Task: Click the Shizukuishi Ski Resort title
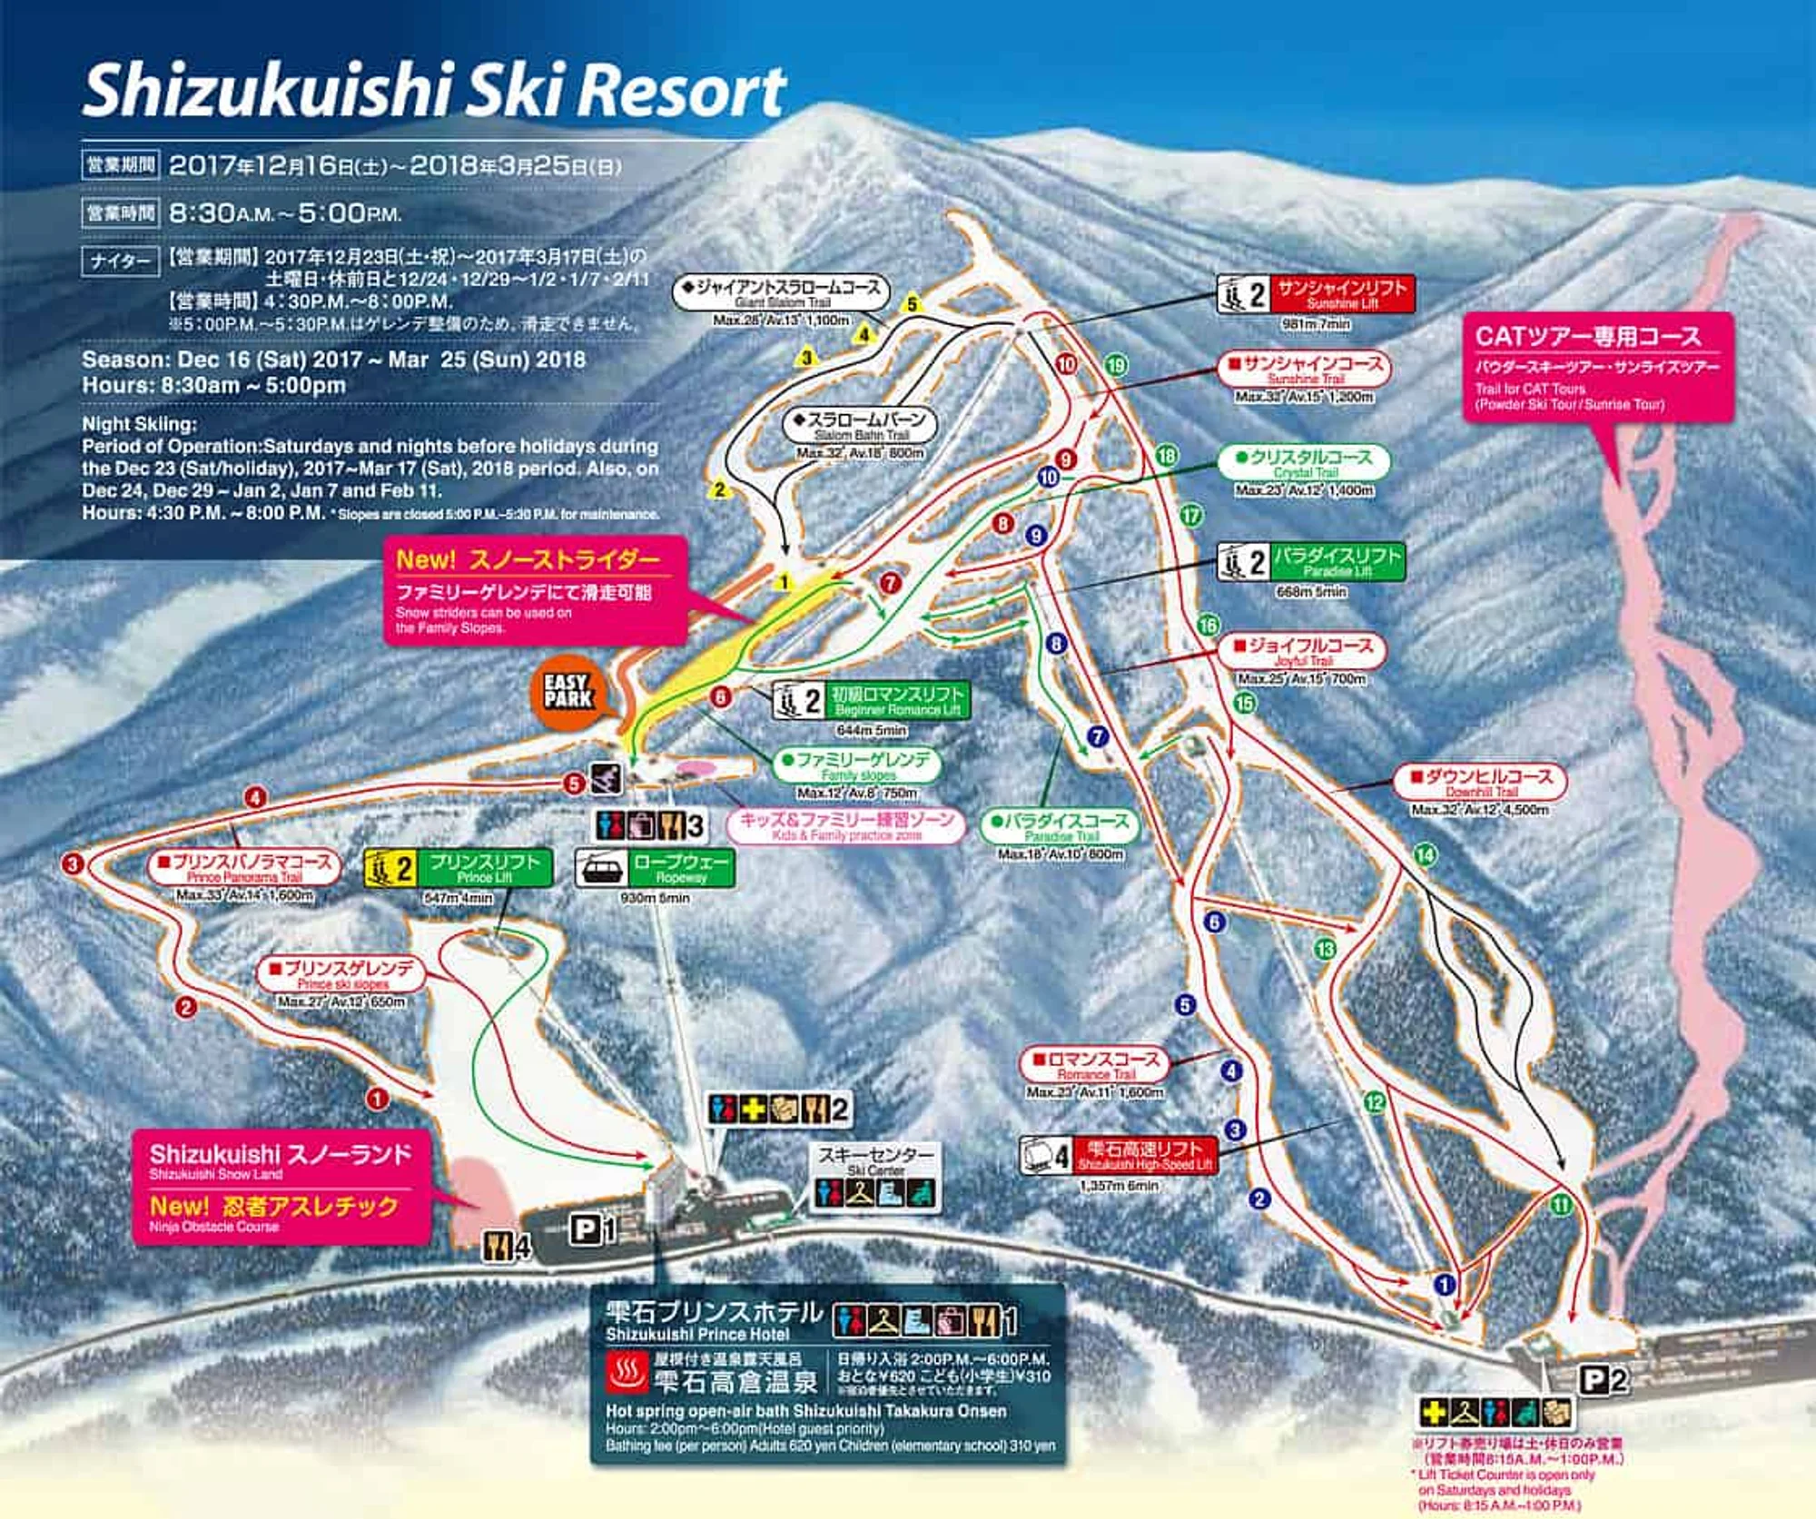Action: pyautogui.click(x=434, y=91)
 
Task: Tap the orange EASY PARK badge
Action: pyautogui.click(x=568, y=692)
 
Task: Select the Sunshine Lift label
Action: pyautogui.click(x=1316, y=294)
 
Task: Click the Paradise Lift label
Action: pyautogui.click(x=1311, y=563)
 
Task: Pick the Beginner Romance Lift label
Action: pyautogui.click(x=872, y=701)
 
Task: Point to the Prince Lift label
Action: pyautogui.click(x=458, y=869)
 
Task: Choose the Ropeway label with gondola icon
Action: pyautogui.click(x=655, y=869)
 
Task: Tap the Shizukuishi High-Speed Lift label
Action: pyautogui.click(x=1119, y=1156)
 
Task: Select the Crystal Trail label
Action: pyautogui.click(x=1305, y=463)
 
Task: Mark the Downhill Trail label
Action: pyautogui.click(x=1481, y=783)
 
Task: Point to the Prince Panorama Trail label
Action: pyautogui.click(x=244, y=868)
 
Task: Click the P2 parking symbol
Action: pyautogui.click(x=1603, y=1380)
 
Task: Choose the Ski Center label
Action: pyautogui.click(x=875, y=1159)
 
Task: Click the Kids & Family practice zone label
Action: pyautogui.click(x=845, y=825)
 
